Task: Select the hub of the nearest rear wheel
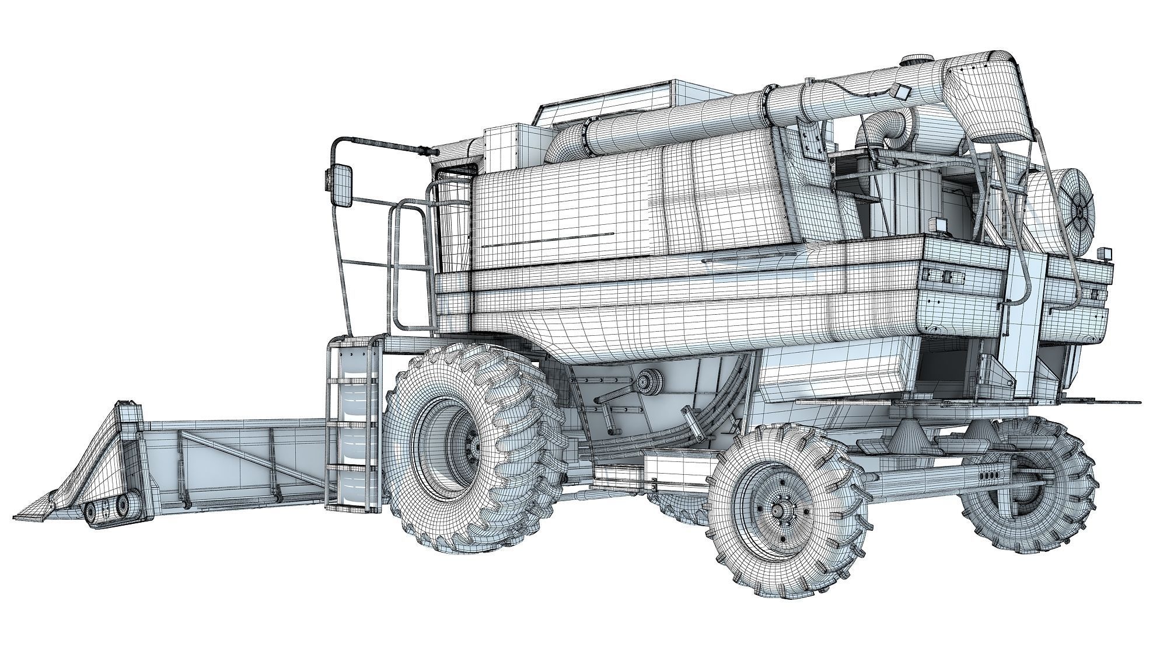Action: (x=777, y=510)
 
